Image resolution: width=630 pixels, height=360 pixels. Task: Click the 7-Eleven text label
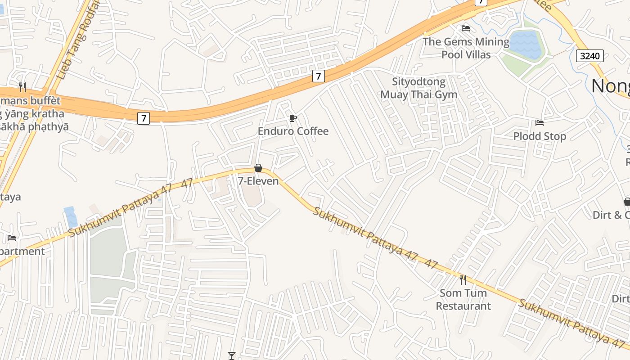[258, 181]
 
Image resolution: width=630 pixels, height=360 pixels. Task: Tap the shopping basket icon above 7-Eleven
[258, 168]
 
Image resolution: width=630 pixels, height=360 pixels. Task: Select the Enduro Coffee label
[293, 131]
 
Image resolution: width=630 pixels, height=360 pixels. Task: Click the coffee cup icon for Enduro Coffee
[293, 118]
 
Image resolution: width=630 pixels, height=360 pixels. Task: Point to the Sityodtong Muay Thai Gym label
[418, 88]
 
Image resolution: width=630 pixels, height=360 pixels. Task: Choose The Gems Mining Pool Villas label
[466, 48]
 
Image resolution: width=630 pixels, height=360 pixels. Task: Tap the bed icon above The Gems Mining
[466, 28]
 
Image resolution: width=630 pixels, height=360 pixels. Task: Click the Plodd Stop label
[540, 136]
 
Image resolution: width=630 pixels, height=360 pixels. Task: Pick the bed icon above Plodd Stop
[540, 122]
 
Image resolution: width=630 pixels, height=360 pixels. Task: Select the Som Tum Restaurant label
[463, 299]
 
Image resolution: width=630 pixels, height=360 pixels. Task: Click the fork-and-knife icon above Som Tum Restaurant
[463, 279]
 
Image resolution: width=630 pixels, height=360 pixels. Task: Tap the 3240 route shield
[589, 56]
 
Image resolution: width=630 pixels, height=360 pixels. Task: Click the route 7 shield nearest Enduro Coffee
[318, 76]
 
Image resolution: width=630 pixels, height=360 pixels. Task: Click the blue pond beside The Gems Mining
[526, 45]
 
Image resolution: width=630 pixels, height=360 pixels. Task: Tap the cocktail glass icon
[232, 355]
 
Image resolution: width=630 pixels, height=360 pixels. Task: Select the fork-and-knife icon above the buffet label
[22, 86]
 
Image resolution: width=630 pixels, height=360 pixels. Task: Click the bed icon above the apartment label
[12, 238]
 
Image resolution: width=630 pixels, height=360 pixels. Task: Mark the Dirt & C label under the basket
[611, 215]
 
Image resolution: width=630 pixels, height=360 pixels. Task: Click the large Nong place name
[610, 85]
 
